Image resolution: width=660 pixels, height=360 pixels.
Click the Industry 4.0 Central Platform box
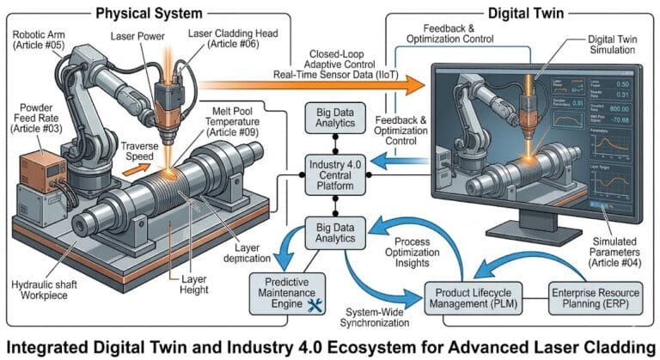point(338,174)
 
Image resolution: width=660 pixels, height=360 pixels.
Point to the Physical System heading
point(150,12)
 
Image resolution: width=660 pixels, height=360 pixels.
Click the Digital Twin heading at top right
point(515,12)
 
